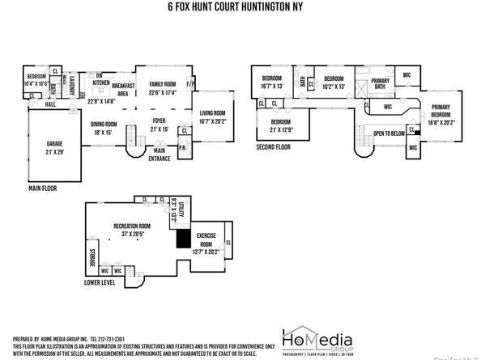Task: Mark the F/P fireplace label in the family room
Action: click(191, 84)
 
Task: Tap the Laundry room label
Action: click(72, 84)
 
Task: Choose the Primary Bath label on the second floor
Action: click(381, 83)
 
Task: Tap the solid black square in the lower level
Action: click(185, 239)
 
